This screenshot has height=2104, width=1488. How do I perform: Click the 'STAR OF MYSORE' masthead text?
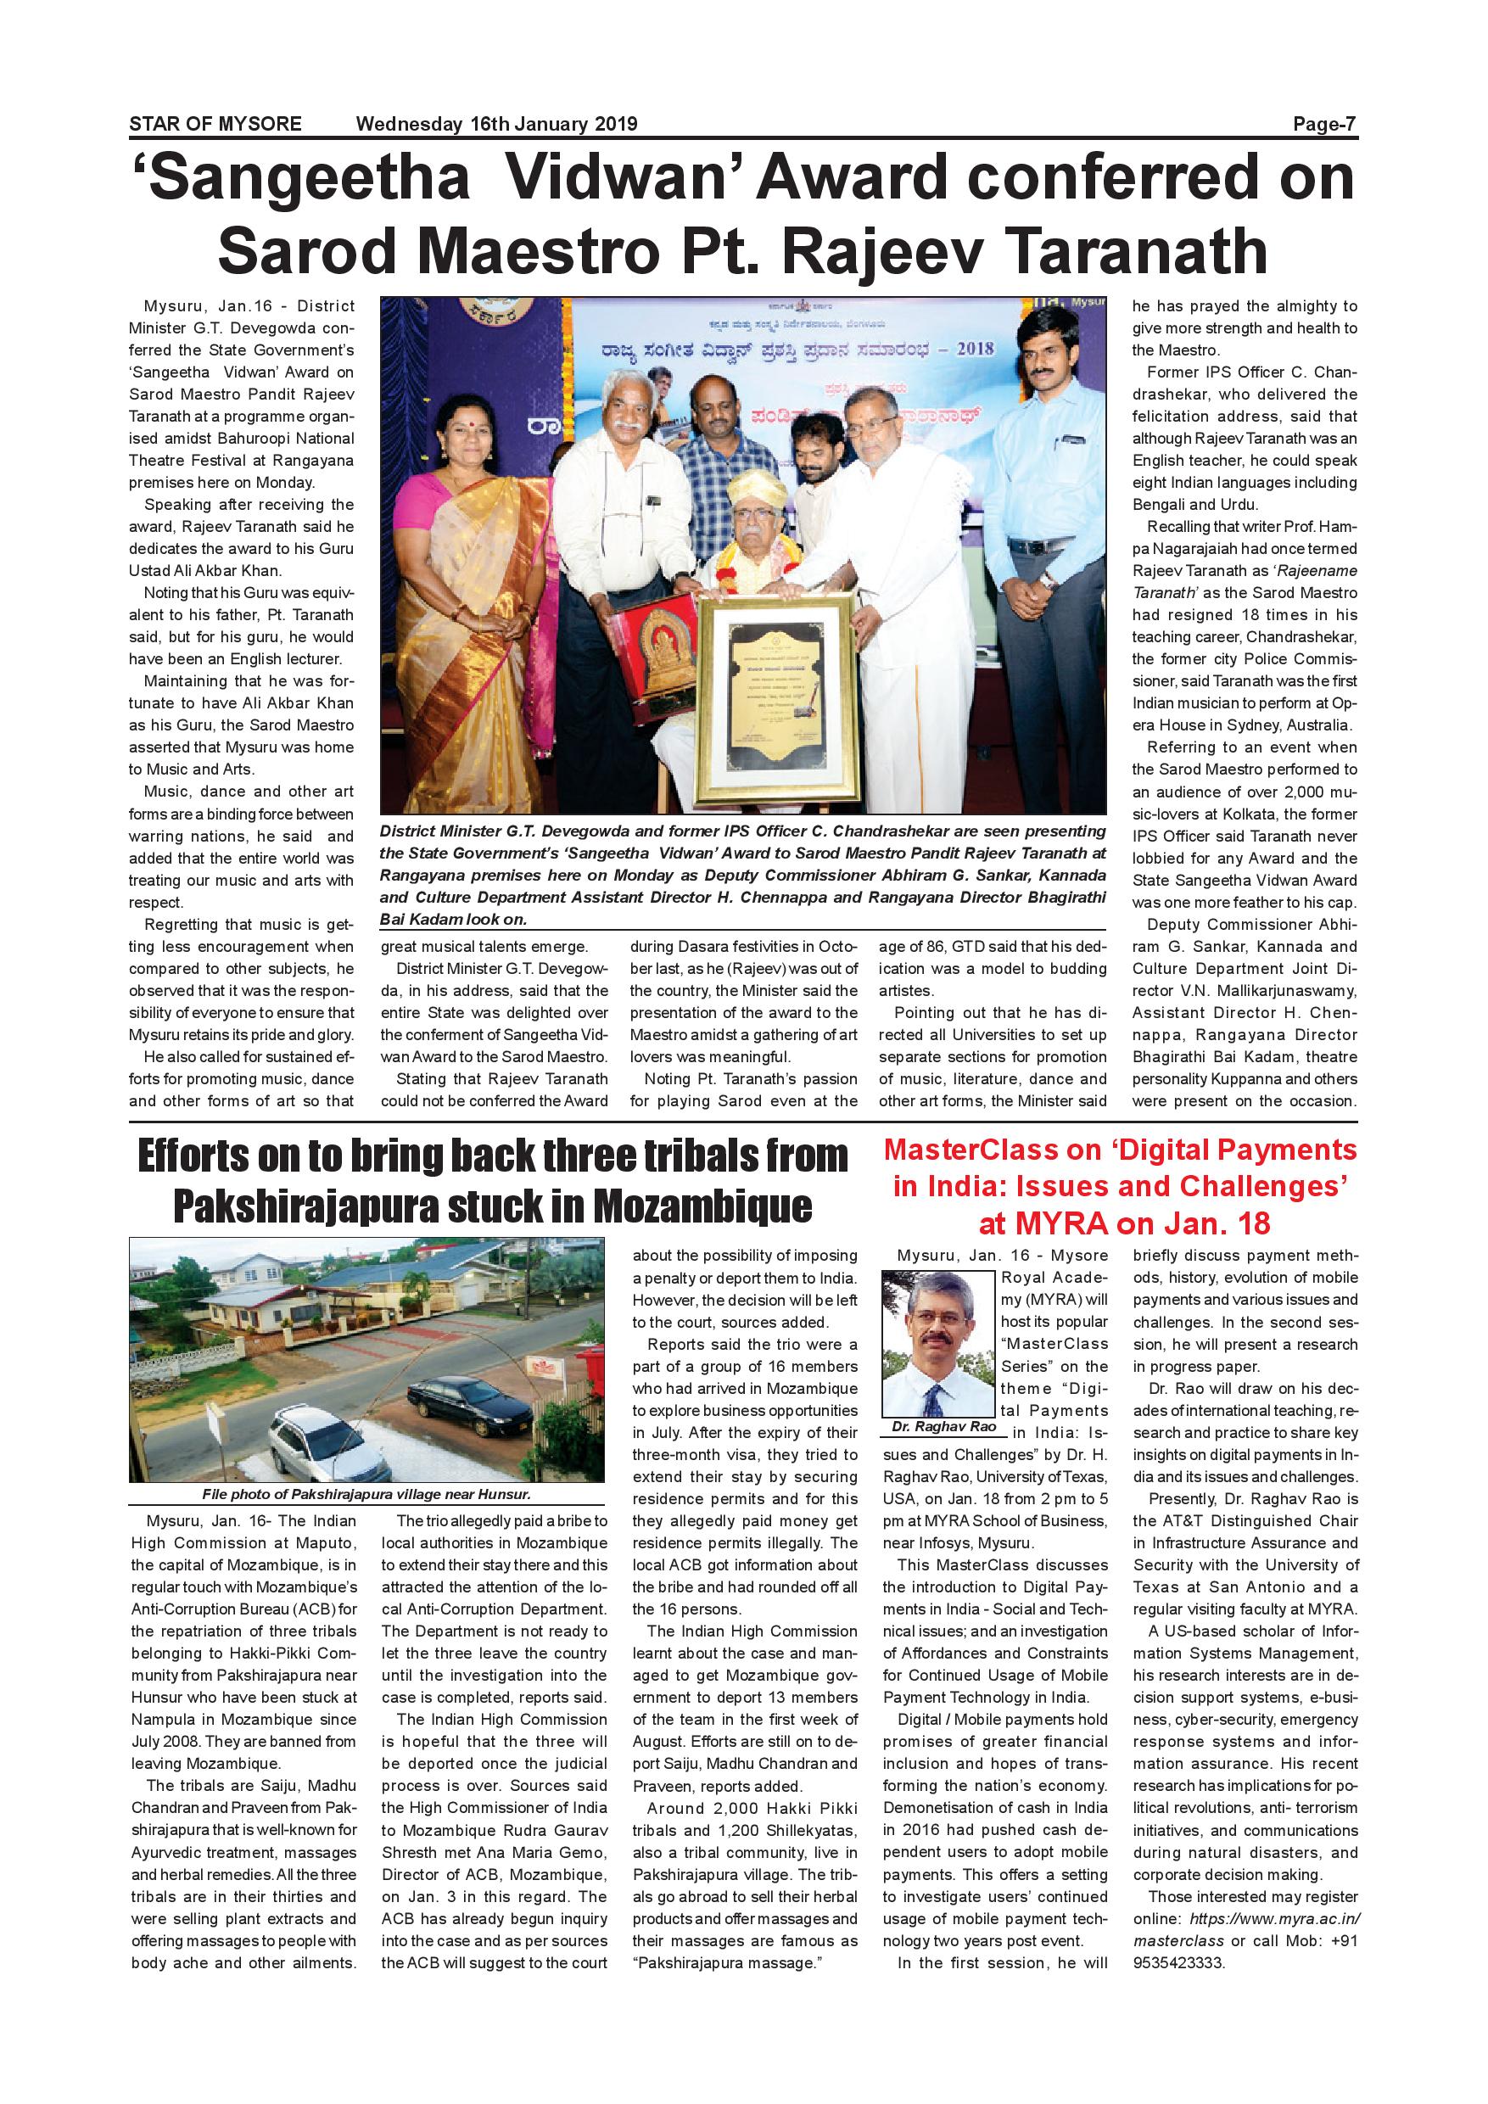pos(215,124)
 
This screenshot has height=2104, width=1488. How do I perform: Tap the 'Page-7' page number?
pos(1324,124)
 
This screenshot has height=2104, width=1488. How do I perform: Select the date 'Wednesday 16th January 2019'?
pos(496,124)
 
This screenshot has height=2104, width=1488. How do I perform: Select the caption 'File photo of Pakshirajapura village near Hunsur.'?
pos(366,1495)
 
